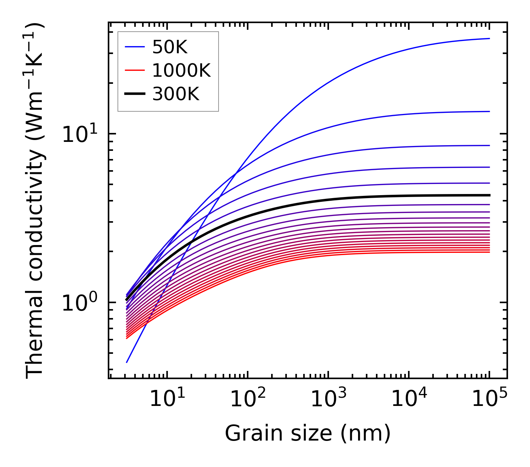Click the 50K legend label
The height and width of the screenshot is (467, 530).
(x=170, y=47)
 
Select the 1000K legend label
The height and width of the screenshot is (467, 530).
(x=181, y=70)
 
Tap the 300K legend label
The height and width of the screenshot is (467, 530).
(x=176, y=94)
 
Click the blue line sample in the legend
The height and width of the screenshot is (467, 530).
(x=135, y=47)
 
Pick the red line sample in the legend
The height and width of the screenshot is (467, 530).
(x=135, y=70)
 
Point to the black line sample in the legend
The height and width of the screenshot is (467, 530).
(x=135, y=94)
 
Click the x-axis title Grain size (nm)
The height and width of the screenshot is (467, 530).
(x=308, y=433)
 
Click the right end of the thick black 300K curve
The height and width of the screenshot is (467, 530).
(x=489, y=195)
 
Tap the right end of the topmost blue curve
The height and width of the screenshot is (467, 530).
(x=489, y=38)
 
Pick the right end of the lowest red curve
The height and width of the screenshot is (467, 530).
(x=489, y=252)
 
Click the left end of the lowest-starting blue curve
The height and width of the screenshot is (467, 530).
(x=127, y=362)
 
